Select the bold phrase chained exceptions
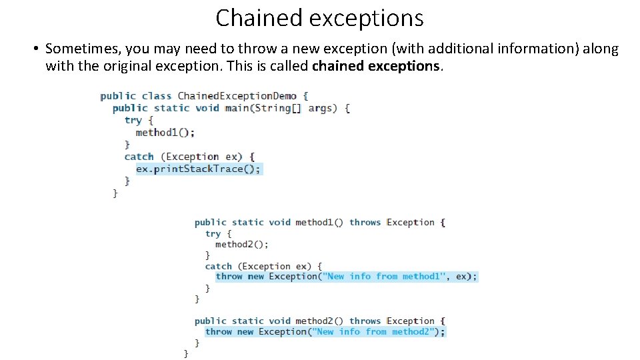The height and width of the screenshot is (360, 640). [x=376, y=66]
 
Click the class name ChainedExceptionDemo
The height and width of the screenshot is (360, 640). [x=237, y=96]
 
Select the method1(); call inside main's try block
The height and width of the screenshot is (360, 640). [x=165, y=132]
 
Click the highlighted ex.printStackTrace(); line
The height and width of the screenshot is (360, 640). [x=198, y=169]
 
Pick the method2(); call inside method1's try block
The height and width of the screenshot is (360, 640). [x=241, y=245]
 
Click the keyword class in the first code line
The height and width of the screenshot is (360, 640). [x=157, y=96]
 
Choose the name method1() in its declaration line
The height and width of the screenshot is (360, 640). [x=319, y=223]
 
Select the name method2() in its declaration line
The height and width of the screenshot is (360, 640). [x=319, y=321]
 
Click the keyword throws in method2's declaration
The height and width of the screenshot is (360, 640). [x=365, y=321]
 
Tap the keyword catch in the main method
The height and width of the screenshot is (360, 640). [x=139, y=157]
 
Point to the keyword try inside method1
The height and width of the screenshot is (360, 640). [x=213, y=234]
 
